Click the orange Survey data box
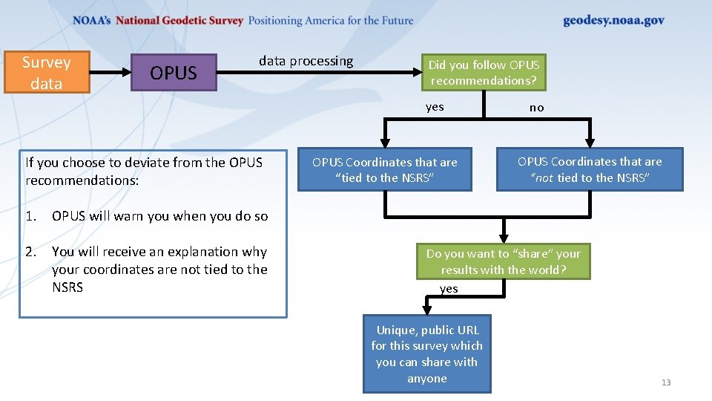pos(46,72)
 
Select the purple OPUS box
pos(174,73)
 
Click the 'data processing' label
pos(306,61)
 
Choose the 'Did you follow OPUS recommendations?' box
pos(484,73)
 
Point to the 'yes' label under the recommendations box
pos(435,107)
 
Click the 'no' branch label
pos(536,108)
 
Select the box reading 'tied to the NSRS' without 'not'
pos(384,170)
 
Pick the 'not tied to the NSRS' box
pos(590,169)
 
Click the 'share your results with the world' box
pos(503,261)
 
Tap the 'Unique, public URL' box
pos(426,354)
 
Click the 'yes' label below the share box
pos(449,289)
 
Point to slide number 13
pos(665,382)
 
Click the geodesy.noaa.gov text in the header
pos(613,21)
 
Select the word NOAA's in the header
pos(91,21)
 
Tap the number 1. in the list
pos(30,217)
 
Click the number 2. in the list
pos(30,252)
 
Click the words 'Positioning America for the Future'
pos(330,21)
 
